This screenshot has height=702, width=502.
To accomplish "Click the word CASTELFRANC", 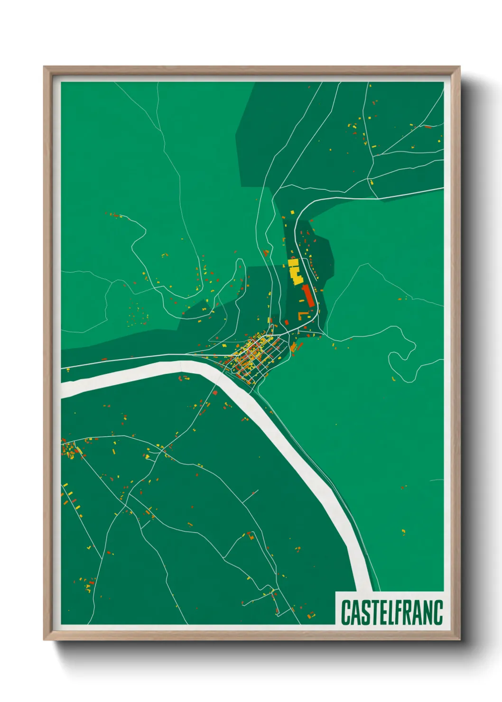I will (x=391, y=612).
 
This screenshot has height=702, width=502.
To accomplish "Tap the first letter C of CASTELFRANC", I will (x=345, y=612).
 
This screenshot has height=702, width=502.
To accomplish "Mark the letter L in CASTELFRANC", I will (x=389, y=612).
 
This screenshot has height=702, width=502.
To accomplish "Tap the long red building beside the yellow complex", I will (x=307, y=295).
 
